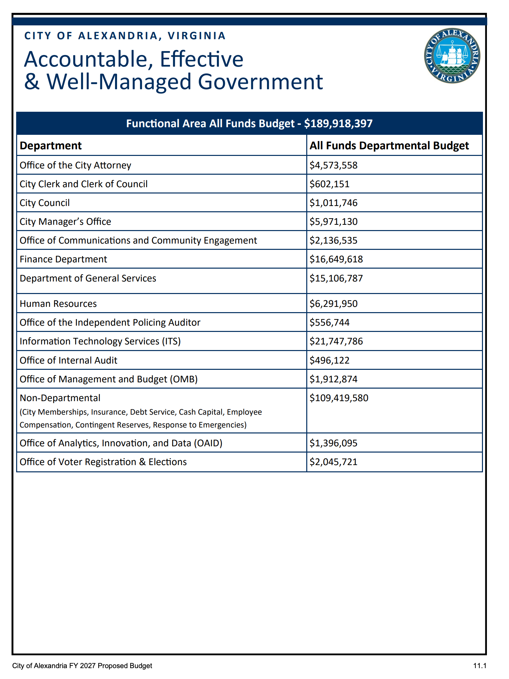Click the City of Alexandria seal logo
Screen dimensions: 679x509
(x=452, y=56)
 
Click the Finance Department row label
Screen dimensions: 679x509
(x=63, y=259)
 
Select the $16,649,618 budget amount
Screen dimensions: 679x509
(x=336, y=259)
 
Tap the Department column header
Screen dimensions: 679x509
(x=51, y=146)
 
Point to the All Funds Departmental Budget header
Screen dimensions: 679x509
(x=389, y=146)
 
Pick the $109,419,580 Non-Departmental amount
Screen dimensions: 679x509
(x=339, y=398)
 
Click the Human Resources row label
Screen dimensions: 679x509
(x=58, y=304)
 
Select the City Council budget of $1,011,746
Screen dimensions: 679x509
(x=333, y=203)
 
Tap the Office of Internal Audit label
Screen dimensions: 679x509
(x=69, y=360)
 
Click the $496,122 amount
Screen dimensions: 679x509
(x=329, y=360)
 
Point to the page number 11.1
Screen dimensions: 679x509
(x=480, y=665)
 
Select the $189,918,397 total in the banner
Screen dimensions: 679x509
(x=338, y=124)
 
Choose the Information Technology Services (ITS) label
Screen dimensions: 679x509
(x=100, y=341)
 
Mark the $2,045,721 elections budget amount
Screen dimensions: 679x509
(x=333, y=462)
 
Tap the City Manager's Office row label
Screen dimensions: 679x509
(x=65, y=221)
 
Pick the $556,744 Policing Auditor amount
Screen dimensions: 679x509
(x=329, y=322)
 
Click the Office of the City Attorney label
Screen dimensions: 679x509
(x=75, y=165)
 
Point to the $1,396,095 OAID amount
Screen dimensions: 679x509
(x=333, y=443)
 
